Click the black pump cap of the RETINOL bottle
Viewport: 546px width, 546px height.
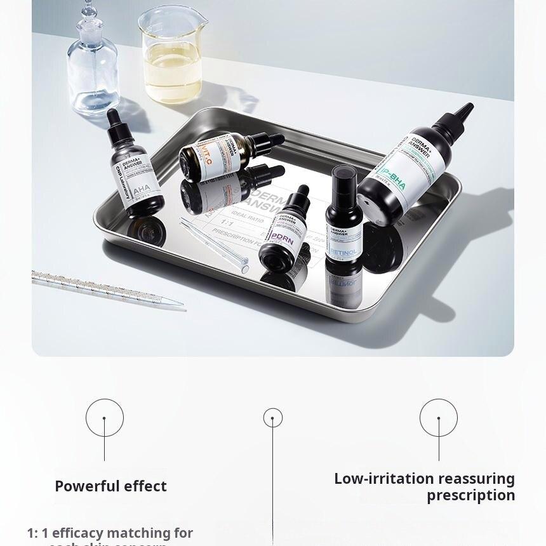tap(345, 181)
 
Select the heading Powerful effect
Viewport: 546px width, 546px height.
tap(110, 486)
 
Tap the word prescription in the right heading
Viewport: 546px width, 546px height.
tap(470, 495)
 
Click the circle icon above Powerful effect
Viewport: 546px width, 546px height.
tap(105, 418)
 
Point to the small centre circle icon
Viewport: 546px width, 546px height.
tap(273, 418)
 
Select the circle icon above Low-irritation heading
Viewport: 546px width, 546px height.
tap(439, 418)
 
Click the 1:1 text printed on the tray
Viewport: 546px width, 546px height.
tap(227, 223)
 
